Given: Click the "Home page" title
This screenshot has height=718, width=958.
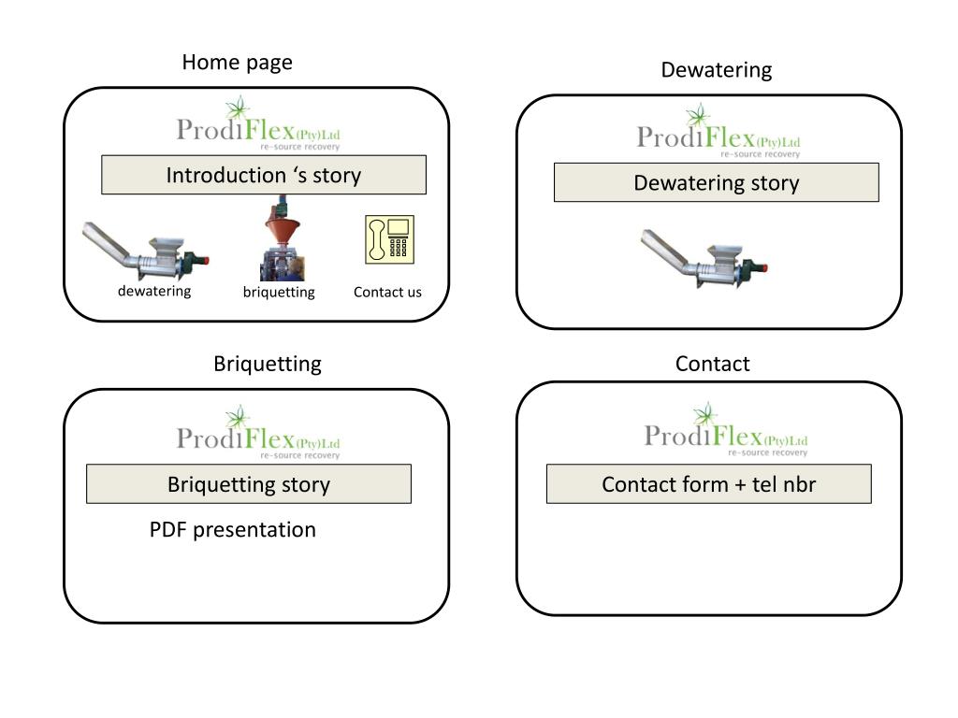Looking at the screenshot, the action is pos(237,63).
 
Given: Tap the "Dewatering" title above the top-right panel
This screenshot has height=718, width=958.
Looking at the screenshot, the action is pos(716,69).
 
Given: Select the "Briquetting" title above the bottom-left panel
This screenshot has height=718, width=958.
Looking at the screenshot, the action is pos(267,364).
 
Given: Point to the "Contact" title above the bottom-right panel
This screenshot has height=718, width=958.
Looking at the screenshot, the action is pos(712,364).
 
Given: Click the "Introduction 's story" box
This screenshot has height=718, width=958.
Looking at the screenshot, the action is pos(264,175).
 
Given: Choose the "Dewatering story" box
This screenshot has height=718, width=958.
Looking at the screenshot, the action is pos(716,182).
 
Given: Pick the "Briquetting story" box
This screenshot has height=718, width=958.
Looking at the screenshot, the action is pos(249,483).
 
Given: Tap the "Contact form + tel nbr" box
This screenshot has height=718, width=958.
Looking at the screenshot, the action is pos(709,483).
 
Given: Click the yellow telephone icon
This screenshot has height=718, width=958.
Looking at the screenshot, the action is pos(390,239).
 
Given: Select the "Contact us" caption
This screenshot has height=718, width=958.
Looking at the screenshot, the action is pos(387,293).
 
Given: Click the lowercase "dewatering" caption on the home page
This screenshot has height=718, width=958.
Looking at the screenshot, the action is pos(154,292).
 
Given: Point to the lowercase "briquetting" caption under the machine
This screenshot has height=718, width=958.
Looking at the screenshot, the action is pos(279,293).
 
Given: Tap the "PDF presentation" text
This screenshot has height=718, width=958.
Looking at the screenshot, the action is pos(233,529).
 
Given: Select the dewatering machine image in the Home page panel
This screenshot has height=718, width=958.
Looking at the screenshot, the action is pos(145,251).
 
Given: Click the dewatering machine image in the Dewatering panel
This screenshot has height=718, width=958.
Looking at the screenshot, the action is pos(704,258).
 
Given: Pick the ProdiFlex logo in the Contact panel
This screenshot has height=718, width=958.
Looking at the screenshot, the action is pos(726,430).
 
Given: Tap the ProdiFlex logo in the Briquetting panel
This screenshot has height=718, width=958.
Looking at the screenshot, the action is pos(258,432).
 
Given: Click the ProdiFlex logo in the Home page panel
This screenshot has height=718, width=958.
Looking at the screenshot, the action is pos(258,123).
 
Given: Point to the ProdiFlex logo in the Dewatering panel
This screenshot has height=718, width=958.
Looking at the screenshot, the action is pos(718,131).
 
